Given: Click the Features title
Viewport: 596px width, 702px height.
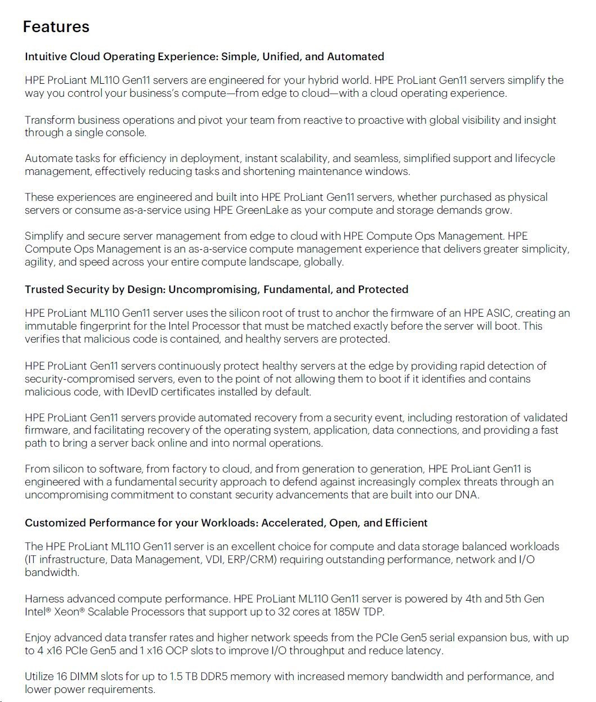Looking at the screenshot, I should coord(56,26).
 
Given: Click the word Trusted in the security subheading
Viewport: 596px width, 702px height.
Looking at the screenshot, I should coord(44,289).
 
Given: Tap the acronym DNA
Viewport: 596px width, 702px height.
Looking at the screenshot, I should coord(466,495).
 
